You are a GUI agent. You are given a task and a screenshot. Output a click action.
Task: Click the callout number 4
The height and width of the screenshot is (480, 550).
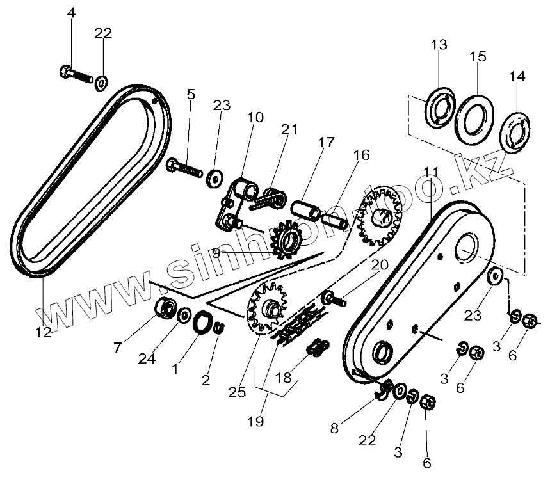tap(72, 13)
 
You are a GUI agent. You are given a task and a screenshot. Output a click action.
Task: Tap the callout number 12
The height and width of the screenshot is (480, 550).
tap(44, 332)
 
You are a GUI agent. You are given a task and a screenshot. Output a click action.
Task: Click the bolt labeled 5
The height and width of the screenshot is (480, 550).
tap(183, 169)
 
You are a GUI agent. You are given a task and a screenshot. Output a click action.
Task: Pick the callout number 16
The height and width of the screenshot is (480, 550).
tap(361, 155)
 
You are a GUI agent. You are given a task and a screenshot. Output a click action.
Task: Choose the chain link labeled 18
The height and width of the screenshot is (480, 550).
tap(318, 348)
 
